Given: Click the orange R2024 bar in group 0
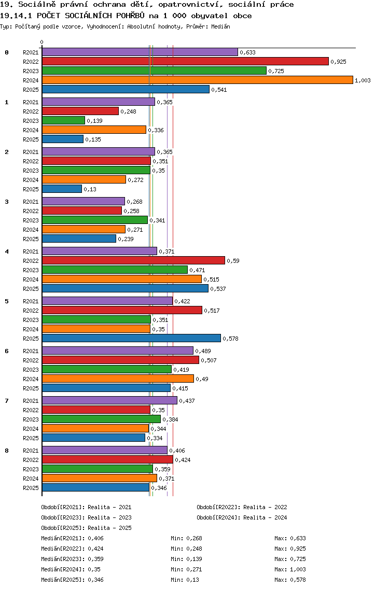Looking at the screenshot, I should [197, 80].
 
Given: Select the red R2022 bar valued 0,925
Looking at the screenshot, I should [185, 62].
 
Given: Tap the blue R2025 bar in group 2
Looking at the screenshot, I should [62, 189].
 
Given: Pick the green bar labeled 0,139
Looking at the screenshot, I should [63, 121].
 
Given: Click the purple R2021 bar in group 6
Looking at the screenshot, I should [117, 351].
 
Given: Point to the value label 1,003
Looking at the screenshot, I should [363, 80].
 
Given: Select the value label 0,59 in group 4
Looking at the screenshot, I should [233, 261].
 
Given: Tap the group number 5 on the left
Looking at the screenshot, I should [7, 301].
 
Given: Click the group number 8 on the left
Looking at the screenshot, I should [7, 451].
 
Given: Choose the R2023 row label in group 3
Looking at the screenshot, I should [31, 220].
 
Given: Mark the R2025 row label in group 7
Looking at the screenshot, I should [31, 438].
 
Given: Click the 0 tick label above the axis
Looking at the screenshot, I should [42, 43].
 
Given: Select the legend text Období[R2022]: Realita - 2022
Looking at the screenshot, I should [242, 507].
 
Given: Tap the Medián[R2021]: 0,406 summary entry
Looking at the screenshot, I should [72, 538].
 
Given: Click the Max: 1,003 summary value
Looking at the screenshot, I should [290, 569].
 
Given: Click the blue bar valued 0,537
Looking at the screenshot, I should [125, 289].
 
